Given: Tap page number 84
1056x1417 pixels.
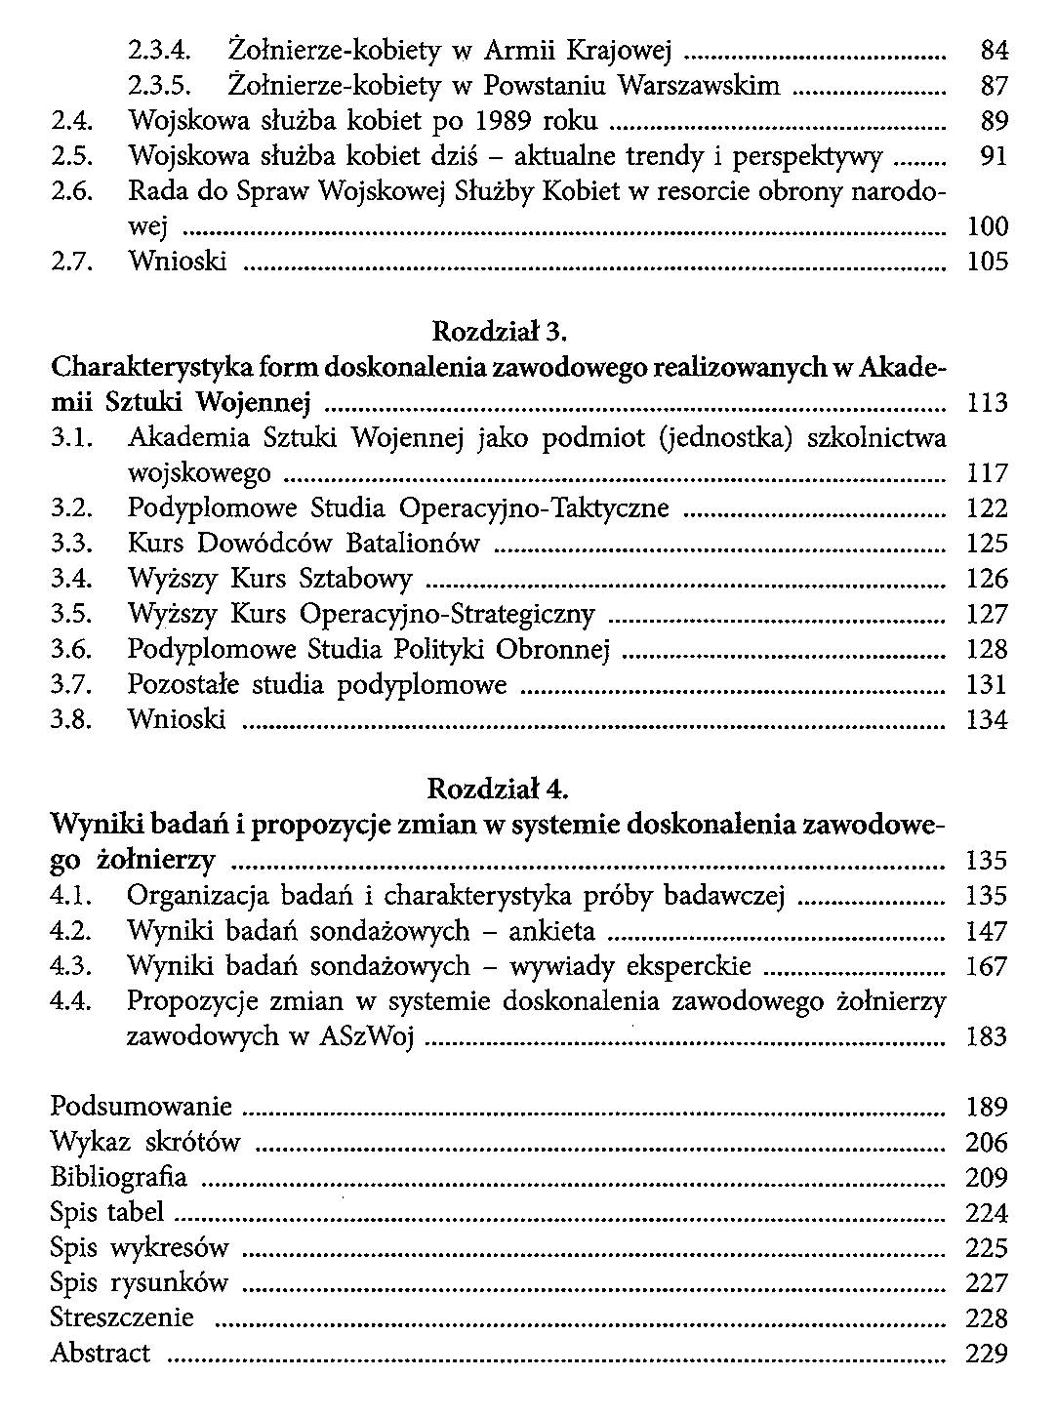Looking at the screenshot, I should (x=994, y=51).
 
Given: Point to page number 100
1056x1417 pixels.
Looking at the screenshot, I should (x=987, y=227).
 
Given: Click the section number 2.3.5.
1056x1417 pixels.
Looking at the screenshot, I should (x=161, y=86).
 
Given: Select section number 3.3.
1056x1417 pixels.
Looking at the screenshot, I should (x=71, y=544).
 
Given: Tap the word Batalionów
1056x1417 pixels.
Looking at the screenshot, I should (x=421, y=544).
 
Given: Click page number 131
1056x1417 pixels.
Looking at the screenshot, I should (x=987, y=685).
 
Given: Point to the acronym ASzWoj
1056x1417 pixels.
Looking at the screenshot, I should (x=367, y=1037).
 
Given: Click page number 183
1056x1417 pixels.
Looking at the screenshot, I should (x=987, y=1037).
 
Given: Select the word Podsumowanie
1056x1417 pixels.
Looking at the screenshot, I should (x=142, y=1107).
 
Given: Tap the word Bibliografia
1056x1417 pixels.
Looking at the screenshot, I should (x=119, y=1177).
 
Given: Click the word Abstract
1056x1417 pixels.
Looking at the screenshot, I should (x=101, y=1353).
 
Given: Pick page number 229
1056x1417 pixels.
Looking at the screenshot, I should (x=987, y=1354).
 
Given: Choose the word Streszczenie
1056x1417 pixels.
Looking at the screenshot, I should (x=122, y=1317).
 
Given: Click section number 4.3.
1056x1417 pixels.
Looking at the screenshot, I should (x=70, y=967).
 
